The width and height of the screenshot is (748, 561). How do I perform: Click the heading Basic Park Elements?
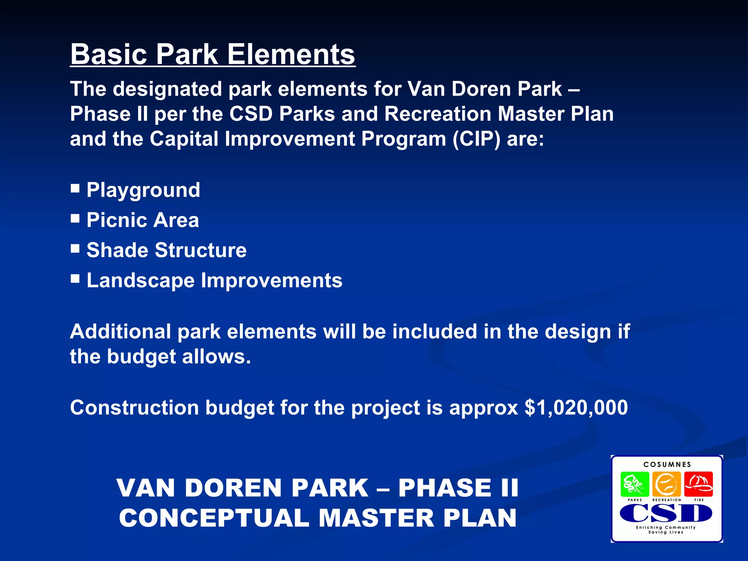click(213, 55)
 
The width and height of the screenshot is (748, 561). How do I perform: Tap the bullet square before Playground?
click(75, 188)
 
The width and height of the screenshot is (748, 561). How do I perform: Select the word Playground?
click(143, 190)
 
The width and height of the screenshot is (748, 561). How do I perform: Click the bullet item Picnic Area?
click(142, 220)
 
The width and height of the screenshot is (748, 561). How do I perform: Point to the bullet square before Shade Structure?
click(75, 249)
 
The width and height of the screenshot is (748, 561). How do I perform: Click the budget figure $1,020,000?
click(576, 408)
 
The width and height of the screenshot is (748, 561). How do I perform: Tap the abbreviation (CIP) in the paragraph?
click(476, 139)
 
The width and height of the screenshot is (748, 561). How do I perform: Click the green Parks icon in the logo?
click(635, 484)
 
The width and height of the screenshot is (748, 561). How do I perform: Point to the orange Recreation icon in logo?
click(667, 484)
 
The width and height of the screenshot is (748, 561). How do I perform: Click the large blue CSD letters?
click(666, 513)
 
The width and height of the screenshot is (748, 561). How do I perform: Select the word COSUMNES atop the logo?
click(667, 465)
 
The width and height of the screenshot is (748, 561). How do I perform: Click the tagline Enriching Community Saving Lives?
click(666, 530)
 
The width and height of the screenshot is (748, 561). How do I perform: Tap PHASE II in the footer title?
click(458, 488)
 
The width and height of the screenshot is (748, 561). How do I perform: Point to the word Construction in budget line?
click(134, 408)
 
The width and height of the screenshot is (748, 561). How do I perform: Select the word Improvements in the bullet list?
click(271, 281)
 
